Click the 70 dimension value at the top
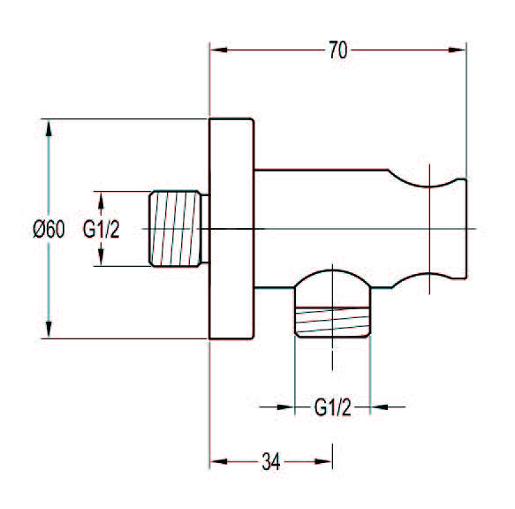click(338, 50)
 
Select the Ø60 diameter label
click(49, 229)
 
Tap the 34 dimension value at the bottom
click(271, 461)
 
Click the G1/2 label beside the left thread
click(101, 229)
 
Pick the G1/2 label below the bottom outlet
click(333, 407)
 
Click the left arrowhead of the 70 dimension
click(219, 50)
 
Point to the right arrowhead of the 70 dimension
click(458, 50)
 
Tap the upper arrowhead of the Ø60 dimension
click(49, 128)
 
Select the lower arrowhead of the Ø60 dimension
click(49, 330)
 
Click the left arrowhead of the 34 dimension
click(219, 461)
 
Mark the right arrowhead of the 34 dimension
click(323, 461)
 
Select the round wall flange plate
click(231, 228)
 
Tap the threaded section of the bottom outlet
click(333, 322)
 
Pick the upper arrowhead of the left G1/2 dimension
click(101, 200)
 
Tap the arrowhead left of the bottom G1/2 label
click(286, 407)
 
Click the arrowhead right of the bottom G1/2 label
click(379, 407)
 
